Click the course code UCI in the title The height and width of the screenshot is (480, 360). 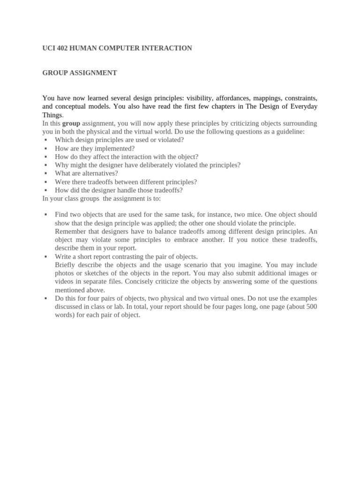click(49, 48)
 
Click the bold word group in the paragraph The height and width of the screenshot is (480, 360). click(71, 123)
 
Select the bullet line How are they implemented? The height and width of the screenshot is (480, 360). click(95, 148)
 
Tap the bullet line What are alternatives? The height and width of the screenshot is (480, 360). click(86, 173)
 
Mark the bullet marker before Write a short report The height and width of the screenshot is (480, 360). click(45, 257)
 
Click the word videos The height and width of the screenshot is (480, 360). click(64, 282)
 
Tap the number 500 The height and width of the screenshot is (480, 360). click(311, 307)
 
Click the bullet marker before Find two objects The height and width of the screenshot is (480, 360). click(45, 215)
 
